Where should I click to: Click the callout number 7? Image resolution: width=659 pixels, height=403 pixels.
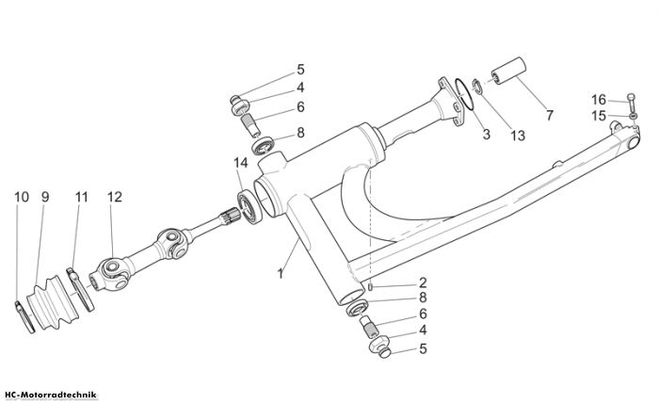(550, 115)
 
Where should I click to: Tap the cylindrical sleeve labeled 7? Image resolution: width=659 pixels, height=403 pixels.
(509, 71)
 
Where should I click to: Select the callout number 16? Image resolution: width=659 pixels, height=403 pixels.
(599, 100)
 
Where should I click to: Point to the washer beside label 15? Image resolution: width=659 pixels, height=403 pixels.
(633, 116)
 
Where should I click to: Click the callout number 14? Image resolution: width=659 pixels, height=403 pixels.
(241, 163)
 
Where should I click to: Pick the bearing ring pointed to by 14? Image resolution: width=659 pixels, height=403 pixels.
(249, 207)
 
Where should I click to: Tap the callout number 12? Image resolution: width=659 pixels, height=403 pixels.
(114, 197)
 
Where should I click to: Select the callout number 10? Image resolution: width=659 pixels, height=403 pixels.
(22, 197)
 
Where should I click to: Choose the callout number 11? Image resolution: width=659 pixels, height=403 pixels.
(82, 197)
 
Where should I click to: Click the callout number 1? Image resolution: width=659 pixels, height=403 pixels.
(281, 274)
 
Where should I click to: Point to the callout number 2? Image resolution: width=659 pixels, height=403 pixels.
(423, 282)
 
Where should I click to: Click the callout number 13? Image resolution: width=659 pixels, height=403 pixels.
(518, 136)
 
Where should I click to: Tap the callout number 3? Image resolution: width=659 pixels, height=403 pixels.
(487, 135)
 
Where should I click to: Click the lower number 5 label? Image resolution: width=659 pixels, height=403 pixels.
(423, 348)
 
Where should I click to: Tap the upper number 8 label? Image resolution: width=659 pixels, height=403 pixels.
(300, 133)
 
